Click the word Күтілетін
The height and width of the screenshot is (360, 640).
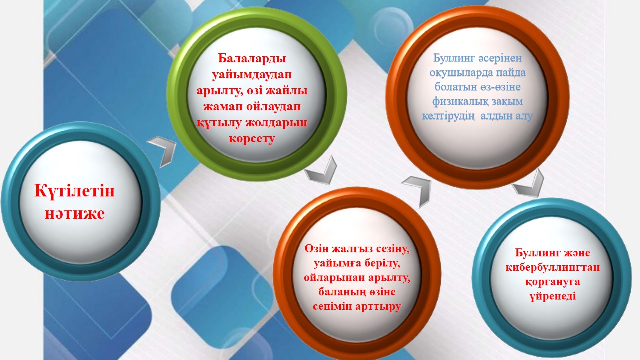74,190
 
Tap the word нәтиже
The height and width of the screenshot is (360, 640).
75,213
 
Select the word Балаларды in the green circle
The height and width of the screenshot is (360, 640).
252,59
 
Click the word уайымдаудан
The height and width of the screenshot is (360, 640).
252,75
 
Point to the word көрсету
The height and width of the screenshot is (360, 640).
252,139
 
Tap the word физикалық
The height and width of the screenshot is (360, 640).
457,101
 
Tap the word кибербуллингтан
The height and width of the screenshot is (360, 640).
552,267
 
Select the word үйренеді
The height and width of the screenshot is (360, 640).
552,296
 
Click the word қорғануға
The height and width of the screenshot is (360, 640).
552,282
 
